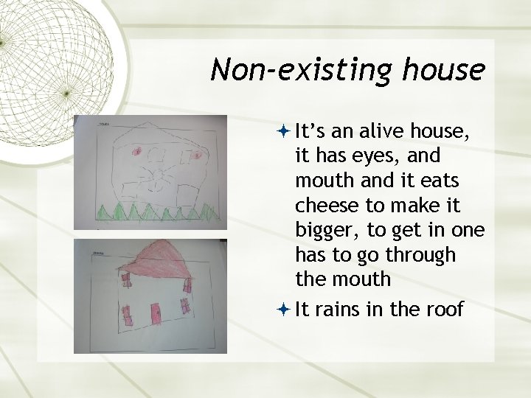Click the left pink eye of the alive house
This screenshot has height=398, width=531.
[136, 152]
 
